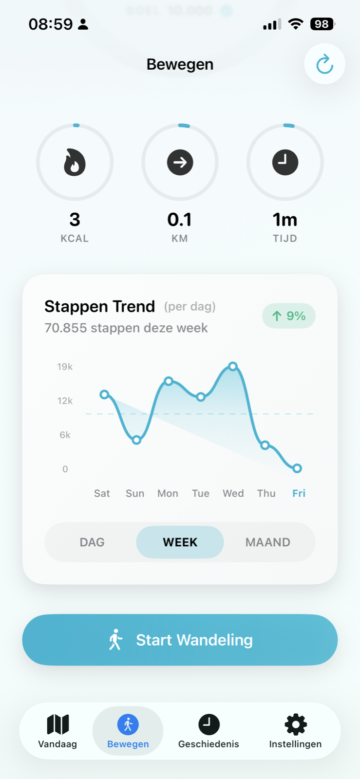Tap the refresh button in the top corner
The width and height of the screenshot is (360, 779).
[324, 64]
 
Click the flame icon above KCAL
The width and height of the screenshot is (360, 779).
[75, 162]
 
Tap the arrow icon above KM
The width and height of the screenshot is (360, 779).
[180, 162]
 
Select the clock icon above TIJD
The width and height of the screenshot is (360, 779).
[285, 162]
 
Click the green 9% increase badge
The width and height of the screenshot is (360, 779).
[288, 316]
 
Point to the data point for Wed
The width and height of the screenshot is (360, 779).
[233, 366]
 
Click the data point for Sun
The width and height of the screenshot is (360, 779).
[137, 440]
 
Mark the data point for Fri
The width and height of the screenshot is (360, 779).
[297, 468]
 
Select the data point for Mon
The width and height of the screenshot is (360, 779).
[169, 381]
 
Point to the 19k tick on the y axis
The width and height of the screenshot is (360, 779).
[65, 367]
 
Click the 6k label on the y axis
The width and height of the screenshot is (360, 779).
[65, 435]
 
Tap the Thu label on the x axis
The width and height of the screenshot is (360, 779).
[266, 493]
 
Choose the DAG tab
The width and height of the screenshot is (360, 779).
[92, 542]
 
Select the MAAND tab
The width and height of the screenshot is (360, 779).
[267, 542]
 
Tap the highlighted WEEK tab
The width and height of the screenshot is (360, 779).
[180, 542]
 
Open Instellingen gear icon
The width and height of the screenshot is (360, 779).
[295, 725]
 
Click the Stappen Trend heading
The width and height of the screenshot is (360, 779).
[99, 306]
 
